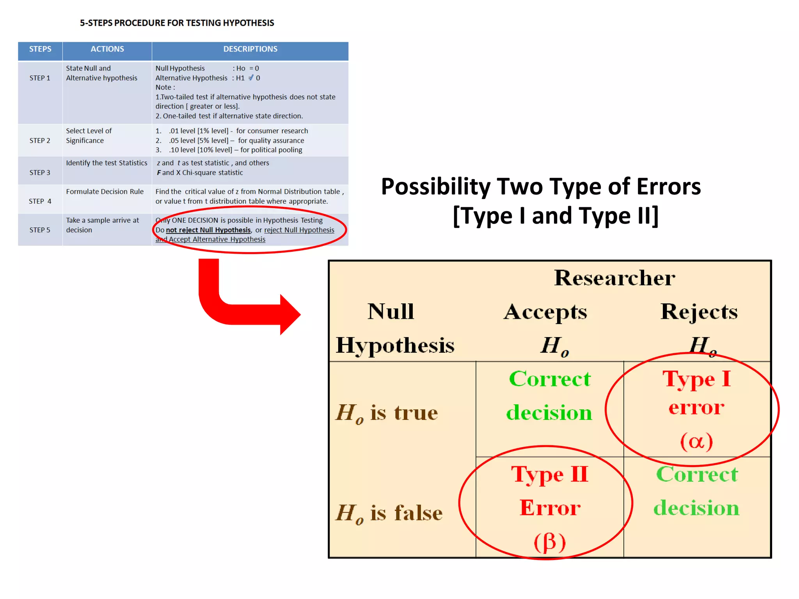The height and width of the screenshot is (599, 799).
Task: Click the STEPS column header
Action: pos(40,49)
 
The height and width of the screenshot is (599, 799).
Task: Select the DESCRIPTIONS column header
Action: pos(250,49)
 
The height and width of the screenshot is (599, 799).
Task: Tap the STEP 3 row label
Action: pos(40,172)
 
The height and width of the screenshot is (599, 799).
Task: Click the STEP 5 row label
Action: pos(40,230)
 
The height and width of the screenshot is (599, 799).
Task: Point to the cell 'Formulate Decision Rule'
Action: pos(105,192)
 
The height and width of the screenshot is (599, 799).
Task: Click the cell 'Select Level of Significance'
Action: pos(89,135)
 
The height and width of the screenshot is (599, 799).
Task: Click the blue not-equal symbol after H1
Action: pos(251,78)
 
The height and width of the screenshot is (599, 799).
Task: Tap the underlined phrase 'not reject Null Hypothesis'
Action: pos(208,230)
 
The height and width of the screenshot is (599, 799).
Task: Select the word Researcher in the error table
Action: pos(614,278)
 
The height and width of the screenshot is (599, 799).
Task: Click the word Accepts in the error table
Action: pos(545,312)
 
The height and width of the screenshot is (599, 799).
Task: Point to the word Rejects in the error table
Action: pos(699,312)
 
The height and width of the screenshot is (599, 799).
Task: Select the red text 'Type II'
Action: pos(550,475)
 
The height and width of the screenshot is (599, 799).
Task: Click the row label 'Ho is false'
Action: pos(389,513)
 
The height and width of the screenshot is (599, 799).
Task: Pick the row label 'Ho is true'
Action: pos(387,413)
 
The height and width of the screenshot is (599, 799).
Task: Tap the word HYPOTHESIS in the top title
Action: pos(248,23)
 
